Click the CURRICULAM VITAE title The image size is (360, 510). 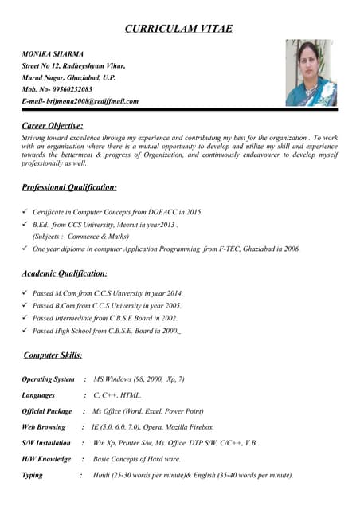[x=179, y=29]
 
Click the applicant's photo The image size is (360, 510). [x=311, y=73]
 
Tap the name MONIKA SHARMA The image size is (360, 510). [x=53, y=53]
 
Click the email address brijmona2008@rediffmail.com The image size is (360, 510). [x=90, y=101]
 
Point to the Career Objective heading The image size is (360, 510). [x=53, y=125]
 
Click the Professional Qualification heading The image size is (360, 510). [x=69, y=187]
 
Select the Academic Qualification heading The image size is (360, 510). [x=65, y=273]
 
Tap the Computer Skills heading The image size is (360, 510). [x=53, y=355]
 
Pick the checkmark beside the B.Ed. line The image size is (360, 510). [x=25, y=225]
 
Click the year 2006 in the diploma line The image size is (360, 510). [x=290, y=249]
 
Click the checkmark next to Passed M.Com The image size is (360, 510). [x=25, y=293]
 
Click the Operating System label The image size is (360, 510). [x=49, y=379]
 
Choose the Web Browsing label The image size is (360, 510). [x=44, y=427]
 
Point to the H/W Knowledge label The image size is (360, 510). [x=46, y=459]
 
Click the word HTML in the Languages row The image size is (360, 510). [x=130, y=395]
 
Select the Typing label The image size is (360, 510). [x=33, y=475]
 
